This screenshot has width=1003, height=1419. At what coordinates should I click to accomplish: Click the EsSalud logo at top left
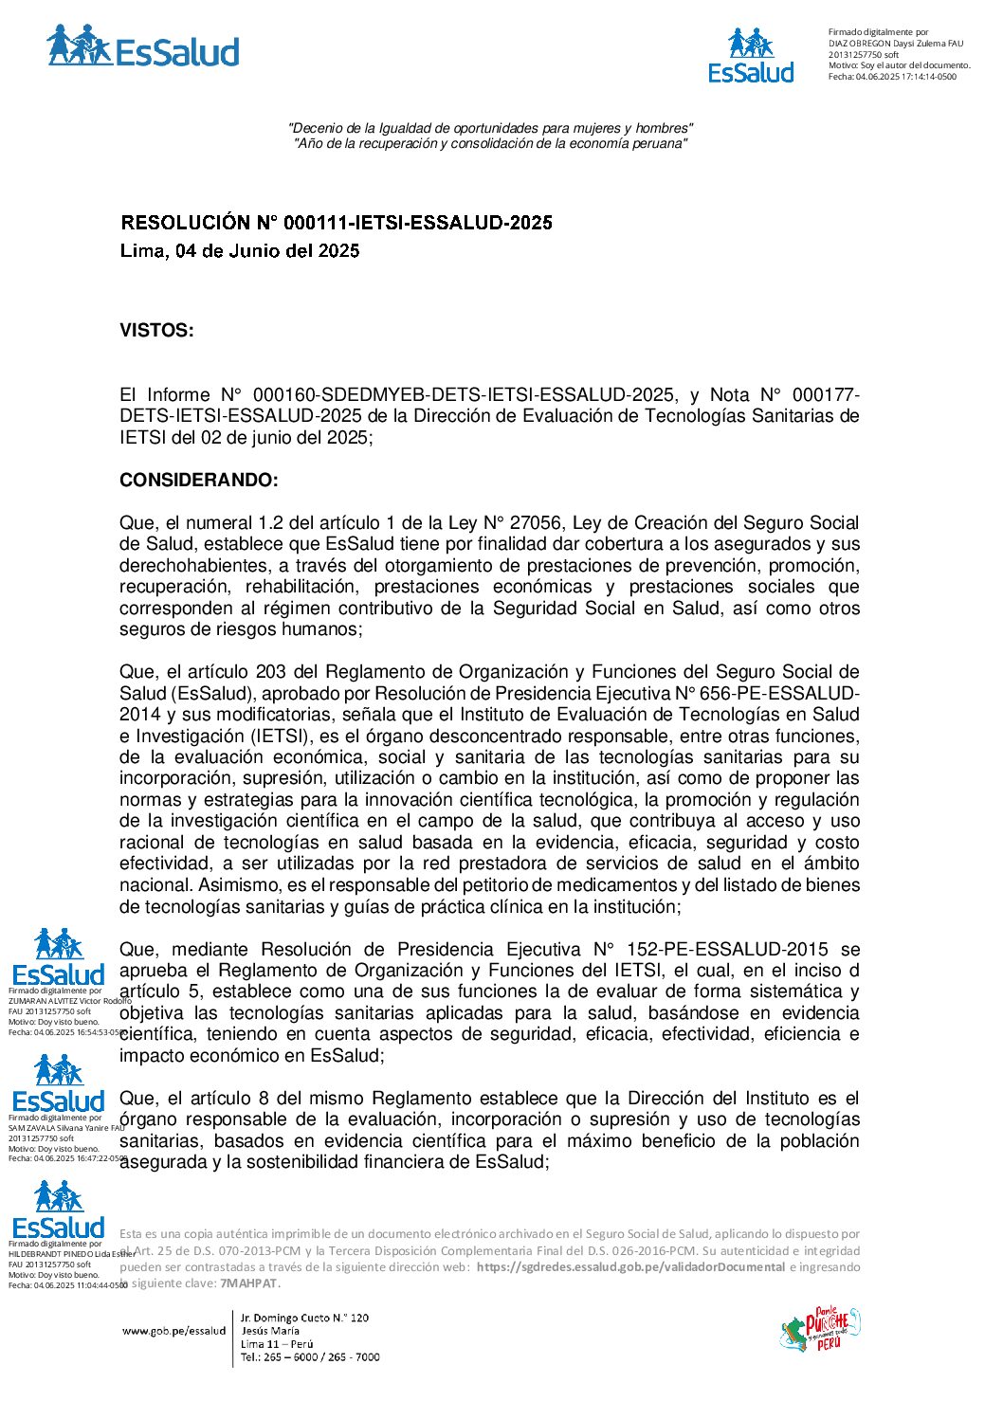tap(142, 47)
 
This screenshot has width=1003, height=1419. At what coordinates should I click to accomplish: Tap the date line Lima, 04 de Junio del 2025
tap(240, 251)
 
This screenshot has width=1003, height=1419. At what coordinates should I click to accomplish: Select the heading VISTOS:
tap(156, 331)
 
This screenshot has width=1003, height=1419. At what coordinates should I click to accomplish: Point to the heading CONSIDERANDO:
tap(199, 481)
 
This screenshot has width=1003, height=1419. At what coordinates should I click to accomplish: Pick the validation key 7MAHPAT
tap(248, 1283)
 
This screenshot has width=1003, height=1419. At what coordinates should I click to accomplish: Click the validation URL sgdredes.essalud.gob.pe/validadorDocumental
tap(630, 1267)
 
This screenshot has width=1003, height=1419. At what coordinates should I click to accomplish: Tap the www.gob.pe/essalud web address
tap(173, 1331)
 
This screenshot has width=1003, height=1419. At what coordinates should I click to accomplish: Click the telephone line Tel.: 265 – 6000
tap(310, 1357)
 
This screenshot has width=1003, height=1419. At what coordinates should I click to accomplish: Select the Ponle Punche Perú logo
tap(820, 1329)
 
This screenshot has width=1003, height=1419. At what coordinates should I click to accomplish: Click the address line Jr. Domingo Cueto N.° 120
tap(304, 1318)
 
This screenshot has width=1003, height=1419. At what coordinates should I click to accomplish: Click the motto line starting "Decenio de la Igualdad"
tap(490, 128)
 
